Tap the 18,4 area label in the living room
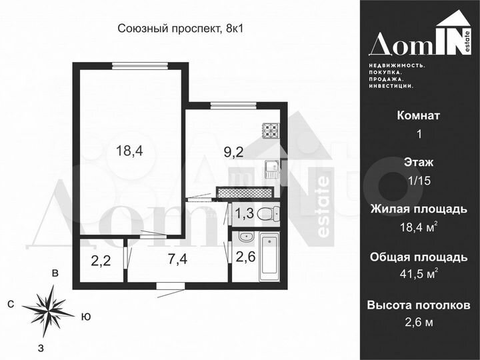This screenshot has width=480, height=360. click(129, 151)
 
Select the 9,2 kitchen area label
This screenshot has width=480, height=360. click(233, 153)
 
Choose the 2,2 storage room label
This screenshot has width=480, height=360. click(101, 259)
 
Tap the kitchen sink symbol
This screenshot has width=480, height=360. click(271, 167)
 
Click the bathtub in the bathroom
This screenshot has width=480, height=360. click(269, 257)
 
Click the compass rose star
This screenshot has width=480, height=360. click(49, 307)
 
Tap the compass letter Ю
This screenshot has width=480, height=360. click(85, 317)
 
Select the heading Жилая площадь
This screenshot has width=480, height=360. click(419, 209)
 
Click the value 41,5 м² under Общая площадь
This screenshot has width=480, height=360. click(419, 274)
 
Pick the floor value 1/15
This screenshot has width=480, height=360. click(419, 180)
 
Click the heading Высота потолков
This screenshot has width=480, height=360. click(419, 305)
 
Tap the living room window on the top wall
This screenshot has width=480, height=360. click(139, 65)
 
